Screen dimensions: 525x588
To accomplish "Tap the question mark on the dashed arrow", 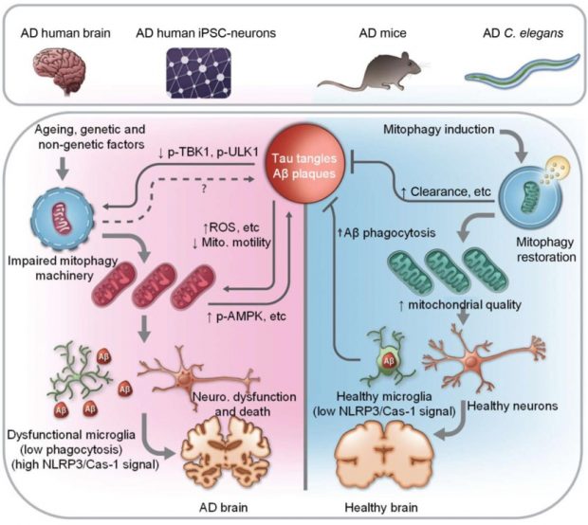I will (x=207, y=188).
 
